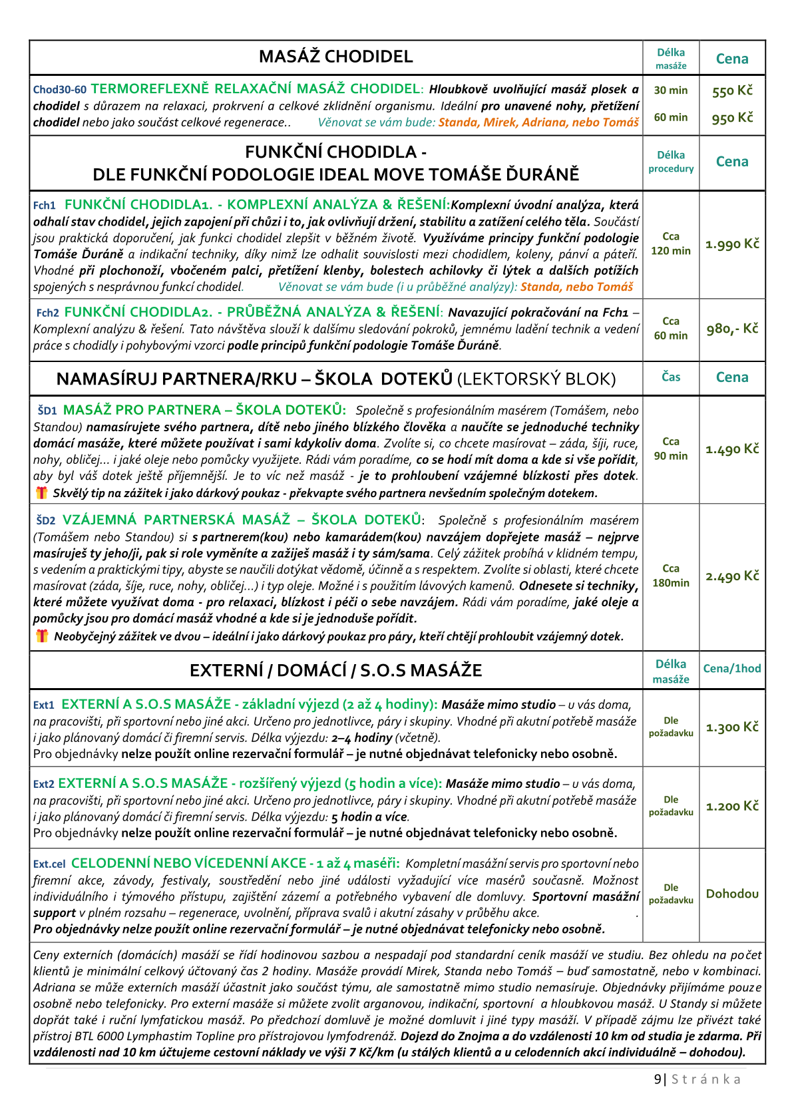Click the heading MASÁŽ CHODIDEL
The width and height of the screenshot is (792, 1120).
click(335, 57)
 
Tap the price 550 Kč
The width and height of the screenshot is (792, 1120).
click(732, 91)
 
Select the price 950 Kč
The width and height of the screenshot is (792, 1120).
click(732, 118)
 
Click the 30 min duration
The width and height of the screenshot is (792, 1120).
click(670, 91)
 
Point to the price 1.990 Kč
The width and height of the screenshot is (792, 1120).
click(732, 244)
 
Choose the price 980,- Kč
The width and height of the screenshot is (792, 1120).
click(732, 329)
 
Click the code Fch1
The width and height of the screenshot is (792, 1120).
click(45, 206)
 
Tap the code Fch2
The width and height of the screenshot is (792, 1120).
click(47, 313)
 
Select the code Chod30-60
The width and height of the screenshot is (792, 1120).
click(59, 90)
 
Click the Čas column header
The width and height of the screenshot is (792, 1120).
click(670, 377)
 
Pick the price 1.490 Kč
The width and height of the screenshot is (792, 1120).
click(732, 449)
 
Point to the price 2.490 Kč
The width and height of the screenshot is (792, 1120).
click(732, 576)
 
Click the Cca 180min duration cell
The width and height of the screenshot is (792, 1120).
click(670, 576)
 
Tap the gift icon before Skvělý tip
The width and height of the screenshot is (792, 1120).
click(42, 492)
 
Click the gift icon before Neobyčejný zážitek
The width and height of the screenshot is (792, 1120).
click(42, 636)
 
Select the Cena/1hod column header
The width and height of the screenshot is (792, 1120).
click(732, 669)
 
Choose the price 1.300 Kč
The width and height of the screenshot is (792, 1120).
click(732, 727)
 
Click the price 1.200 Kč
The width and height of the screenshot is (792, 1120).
click(732, 807)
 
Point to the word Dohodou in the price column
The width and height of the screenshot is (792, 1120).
click(732, 894)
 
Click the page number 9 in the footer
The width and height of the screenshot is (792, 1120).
click(658, 1079)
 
